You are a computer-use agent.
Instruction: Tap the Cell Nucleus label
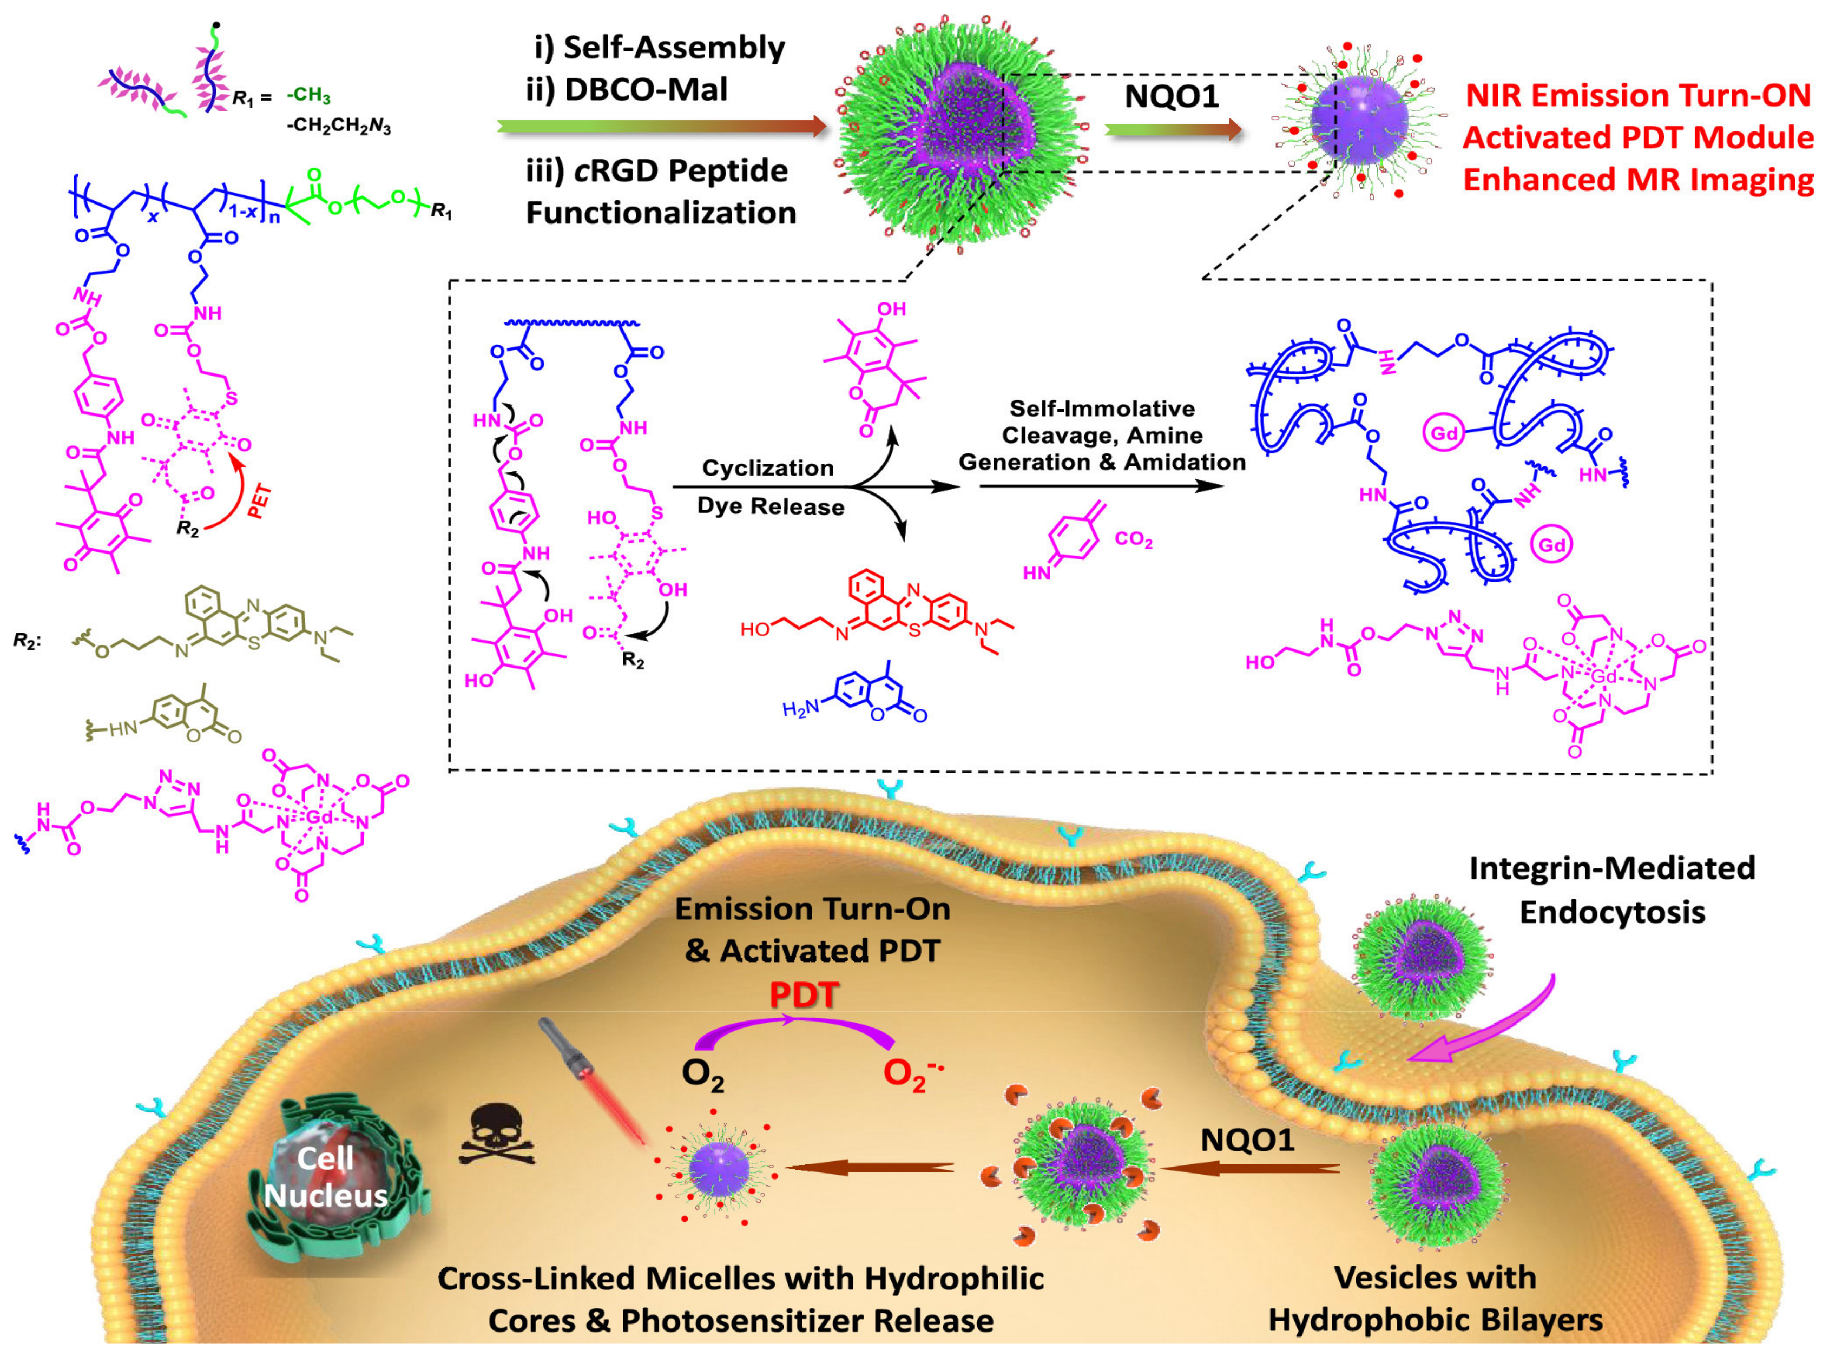tap(326, 1176)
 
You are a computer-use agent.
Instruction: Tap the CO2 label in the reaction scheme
tap(1133, 539)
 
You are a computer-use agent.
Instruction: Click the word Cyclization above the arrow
tap(767, 468)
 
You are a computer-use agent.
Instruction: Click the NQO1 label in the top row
tap(1171, 97)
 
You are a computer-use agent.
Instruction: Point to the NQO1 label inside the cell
tap(1247, 1139)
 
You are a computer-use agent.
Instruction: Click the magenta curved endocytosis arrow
tap(1478, 1027)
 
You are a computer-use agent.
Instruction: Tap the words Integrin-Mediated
tap(1611, 868)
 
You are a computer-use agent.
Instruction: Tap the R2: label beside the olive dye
tap(27, 640)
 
